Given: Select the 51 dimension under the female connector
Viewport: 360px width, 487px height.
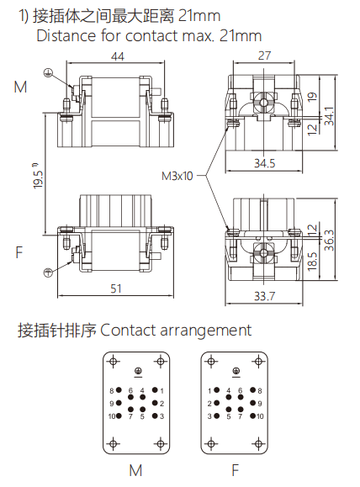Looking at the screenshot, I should coord(115,288).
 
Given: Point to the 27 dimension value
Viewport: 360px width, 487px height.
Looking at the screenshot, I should coord(263,57).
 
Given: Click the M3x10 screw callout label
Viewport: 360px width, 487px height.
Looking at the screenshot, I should coord(177,177).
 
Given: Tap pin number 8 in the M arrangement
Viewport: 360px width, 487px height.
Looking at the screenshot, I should coord(111,391).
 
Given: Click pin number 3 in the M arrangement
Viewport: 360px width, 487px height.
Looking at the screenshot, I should coord(161,416).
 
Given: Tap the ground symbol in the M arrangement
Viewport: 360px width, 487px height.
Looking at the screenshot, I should coord(137,371).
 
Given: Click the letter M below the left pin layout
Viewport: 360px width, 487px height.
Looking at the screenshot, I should coord(135,470).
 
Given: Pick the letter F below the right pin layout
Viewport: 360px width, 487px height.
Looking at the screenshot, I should coord(236,470).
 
